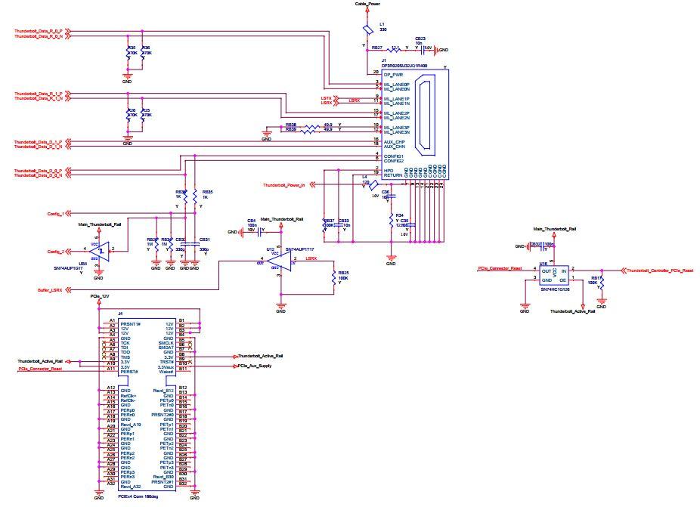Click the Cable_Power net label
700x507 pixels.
coord(369,4)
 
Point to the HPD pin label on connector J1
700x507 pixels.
coord(389,170)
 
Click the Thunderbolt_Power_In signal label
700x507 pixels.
coord(284,184)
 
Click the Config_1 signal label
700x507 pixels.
coord(55,214)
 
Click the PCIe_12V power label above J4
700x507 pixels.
coord(101,296)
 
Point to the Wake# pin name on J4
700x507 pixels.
coord(166,372)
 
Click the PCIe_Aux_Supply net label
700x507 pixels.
coord(254,366)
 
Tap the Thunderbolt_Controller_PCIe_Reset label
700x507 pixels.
coord(656,270)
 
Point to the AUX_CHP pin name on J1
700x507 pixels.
coord(395,141)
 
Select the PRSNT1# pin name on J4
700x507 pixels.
coord(132,323)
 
